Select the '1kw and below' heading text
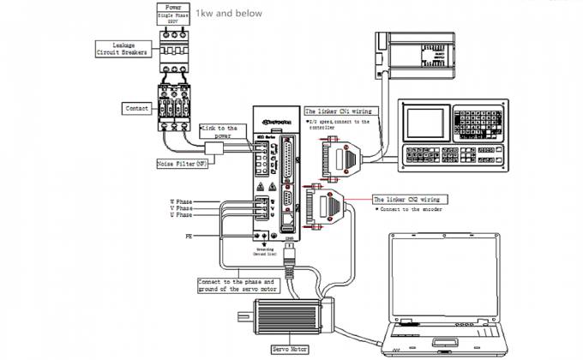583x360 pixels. point(229,14)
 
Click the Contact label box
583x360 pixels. point(137,109)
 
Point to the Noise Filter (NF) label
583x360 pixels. point(183,163)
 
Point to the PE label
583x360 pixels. point(188,234)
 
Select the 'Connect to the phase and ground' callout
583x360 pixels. point(237,285)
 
